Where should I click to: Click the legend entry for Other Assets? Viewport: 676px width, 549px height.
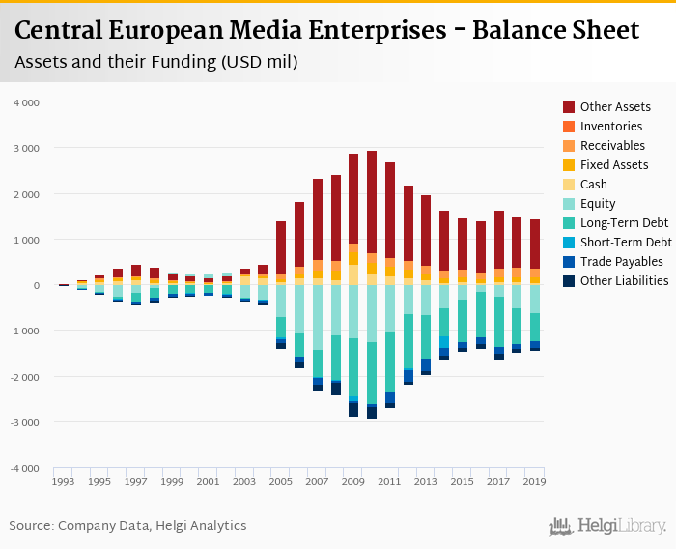point(615,107)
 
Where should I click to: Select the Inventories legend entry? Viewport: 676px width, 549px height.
point(611,127)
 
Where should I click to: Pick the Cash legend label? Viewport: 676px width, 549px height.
point(594,185)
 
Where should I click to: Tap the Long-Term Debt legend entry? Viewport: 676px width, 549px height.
point(624,223)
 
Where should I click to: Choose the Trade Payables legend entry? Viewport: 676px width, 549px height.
point(621,262)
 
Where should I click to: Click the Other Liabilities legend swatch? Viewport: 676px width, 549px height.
point(570,281)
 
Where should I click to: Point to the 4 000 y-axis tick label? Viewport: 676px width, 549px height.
point(26,101)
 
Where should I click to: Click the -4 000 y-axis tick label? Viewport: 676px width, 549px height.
point(24,468)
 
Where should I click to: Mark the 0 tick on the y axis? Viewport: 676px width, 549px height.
point(36,285)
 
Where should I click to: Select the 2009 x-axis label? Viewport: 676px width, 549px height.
point(353,481)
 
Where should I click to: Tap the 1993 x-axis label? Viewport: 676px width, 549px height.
point(64,481)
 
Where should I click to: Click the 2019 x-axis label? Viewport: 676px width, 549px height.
point(534,481)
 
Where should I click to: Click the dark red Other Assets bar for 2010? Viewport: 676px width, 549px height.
point(372,202)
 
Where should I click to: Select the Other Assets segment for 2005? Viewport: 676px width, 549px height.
point(281,247)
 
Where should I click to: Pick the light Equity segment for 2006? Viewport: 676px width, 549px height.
point(299,309)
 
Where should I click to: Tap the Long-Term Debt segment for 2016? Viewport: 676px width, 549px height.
point(480,314)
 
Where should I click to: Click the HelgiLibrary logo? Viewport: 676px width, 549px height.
point(608,527)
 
